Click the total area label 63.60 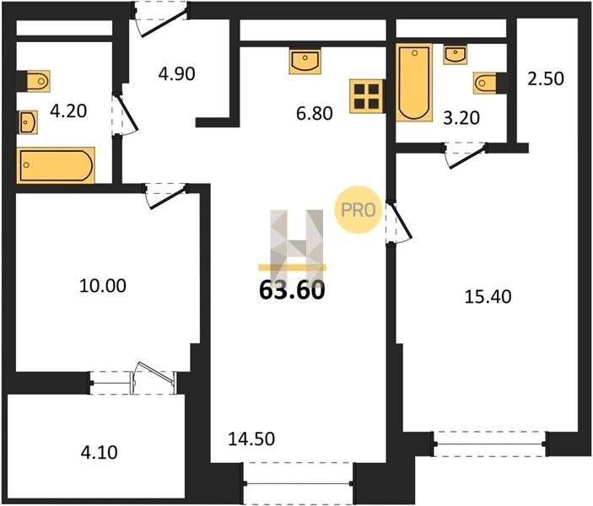coord(292,290)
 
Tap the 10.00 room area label coord(103,286)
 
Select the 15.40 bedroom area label coord(488,297)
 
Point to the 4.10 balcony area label coord(99,452)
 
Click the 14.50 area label coord(251,439)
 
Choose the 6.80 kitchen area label coord(315,113)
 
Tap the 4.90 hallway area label coord(176,73)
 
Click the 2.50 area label coord(546,78)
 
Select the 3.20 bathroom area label coord(461,118)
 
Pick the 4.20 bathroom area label coord(68,110)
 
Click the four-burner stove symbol coord(366,96)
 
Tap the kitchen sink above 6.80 coord(305,61)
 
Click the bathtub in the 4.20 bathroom coord(56,165)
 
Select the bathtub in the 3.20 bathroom coord(414,83)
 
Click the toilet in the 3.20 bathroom coord(485,83)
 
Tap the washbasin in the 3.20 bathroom coord(456,55)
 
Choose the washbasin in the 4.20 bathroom coord(28,122)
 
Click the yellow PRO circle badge coord(358,210)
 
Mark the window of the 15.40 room coord(489,444)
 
